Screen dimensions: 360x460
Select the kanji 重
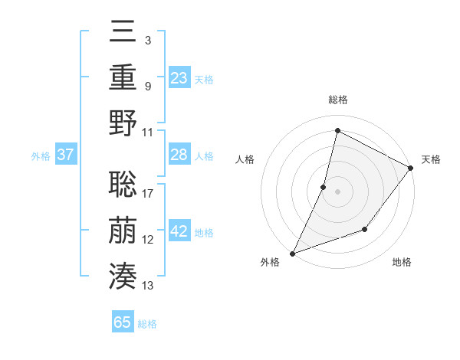coord(123,77)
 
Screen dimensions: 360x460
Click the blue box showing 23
coord(179,77)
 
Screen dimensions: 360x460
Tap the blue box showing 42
coord(179,231)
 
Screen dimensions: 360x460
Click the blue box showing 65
coord(123,322)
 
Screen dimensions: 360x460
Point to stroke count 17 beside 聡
coord(148,193)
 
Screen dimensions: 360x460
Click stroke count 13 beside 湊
coord(148,286)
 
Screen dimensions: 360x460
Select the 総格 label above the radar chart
coord(337,100)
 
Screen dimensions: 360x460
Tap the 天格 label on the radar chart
coord(431,159)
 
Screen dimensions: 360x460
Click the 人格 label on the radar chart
coord(245,159)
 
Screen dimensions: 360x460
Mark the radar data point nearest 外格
coord(292,253)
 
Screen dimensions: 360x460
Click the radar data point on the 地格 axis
coord(365,229)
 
